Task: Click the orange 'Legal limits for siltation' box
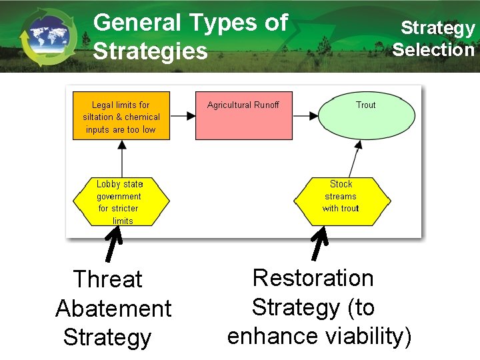[x=121, y=117]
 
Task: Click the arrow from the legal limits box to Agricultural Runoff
[x=183, y=115]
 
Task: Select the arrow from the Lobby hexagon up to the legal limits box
[x=121, y=159]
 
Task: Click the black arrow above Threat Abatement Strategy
[x=114, y=244]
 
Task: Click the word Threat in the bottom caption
[x=107, y=279]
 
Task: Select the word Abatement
[x=113, y=309]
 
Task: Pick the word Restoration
[x=313, y=277]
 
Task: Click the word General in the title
[x=137, y=23]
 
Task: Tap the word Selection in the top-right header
[x=433, y=49]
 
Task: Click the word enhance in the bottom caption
[x=273, y=336]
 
